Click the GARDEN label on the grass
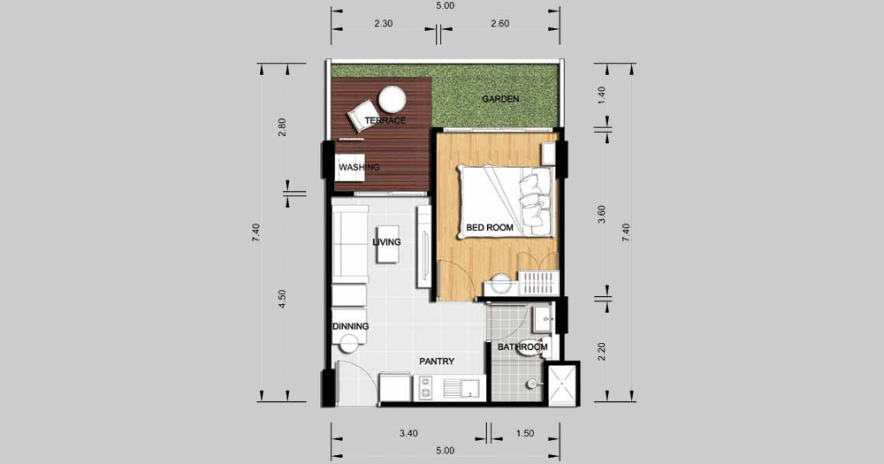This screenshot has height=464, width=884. coord(500,99)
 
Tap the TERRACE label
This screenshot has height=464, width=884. coord(385,121)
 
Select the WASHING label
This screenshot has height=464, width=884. coord(359,167)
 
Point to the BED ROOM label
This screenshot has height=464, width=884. coord(490,228)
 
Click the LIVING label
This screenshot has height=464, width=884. coord(387,242)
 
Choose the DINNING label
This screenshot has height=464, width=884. coord(351,326)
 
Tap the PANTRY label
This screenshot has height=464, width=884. coord(437,361)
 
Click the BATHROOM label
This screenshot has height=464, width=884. coord(522,347)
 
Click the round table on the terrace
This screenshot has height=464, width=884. coord(392,99)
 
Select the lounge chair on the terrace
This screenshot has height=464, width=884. coord(362,116)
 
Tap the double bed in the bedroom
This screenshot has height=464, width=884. coord(505,201)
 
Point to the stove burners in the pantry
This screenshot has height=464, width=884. coord(425,388)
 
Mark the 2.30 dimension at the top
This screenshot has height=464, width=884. coord(383,24)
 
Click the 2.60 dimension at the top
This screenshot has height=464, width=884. coord(499,24)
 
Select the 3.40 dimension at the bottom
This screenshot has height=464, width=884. coord(408,434)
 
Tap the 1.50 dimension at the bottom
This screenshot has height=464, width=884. coord(524,434)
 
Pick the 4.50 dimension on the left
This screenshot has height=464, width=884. coord(283,299)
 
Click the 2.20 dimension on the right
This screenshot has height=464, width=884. coord(601,352)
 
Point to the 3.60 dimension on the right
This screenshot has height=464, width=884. coord(601,215)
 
